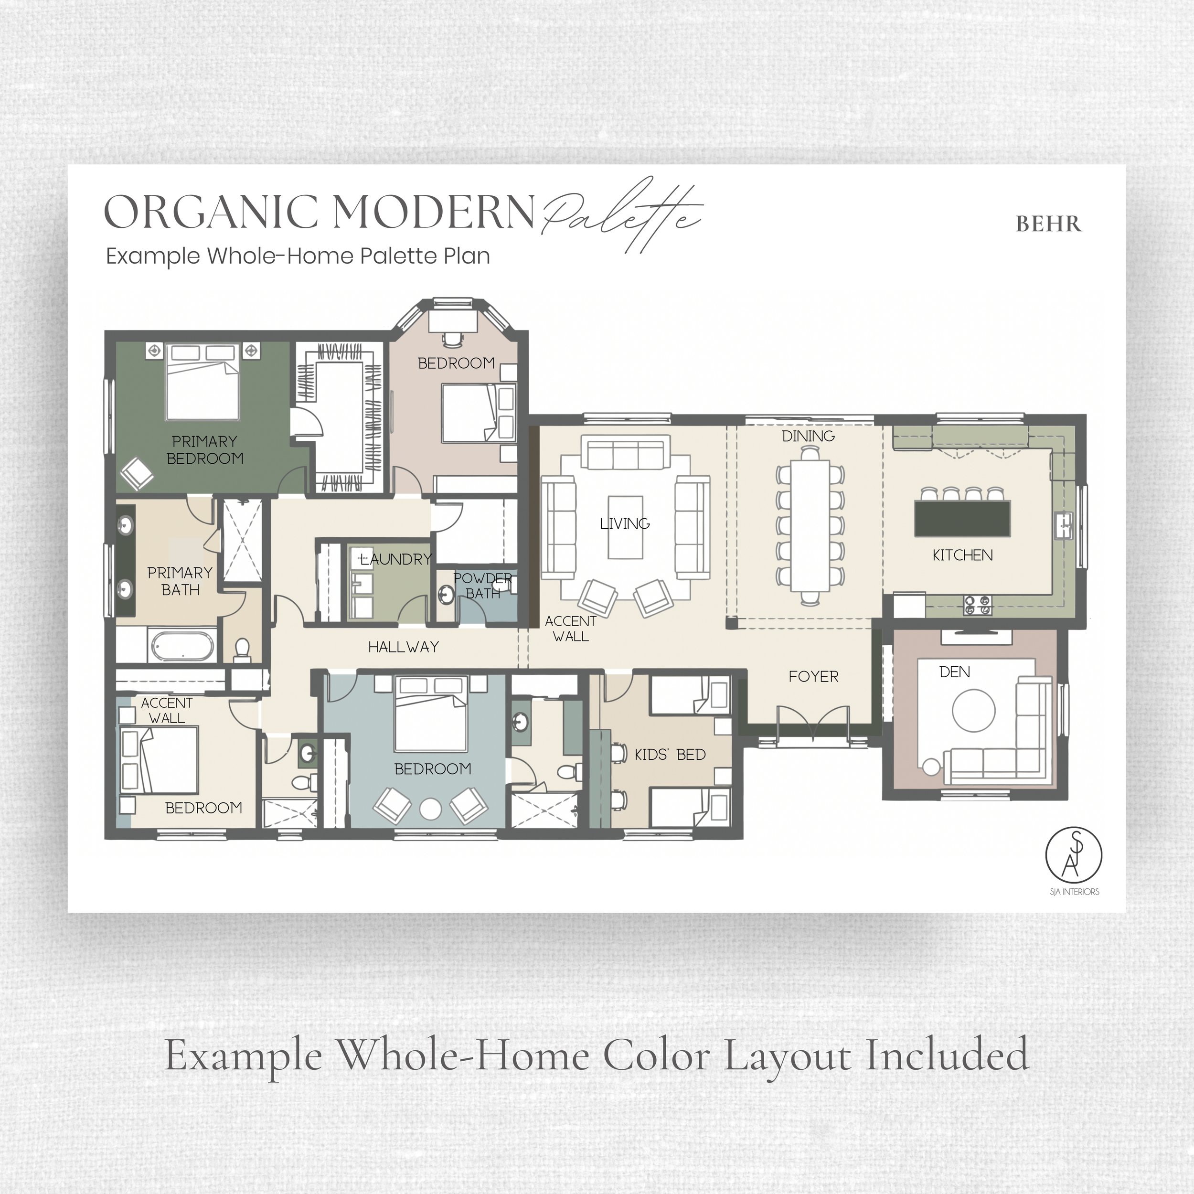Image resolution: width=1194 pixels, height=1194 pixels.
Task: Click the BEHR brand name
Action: click(x=1049, y=223)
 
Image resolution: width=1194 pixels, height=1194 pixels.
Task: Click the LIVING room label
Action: click(x=625, y=524)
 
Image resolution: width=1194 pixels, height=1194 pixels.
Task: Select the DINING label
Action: click(x=809, y=437)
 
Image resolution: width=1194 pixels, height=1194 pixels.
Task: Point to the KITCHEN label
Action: click(x=962, y=555)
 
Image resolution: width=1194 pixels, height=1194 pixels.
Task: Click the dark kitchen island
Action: click(x=962, y=519)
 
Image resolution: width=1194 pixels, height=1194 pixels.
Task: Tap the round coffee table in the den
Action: click(x=973, y=711)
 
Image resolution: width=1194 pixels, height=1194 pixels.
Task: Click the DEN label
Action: click(x=955, y=672)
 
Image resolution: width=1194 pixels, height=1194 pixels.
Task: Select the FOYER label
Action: click(x=813, y=677)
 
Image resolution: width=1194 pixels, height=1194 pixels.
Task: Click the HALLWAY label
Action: click(x=404, y=647)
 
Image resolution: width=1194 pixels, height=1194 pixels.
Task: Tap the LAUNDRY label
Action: click(x=395, y=559)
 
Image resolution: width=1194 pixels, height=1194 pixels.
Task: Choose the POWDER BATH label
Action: click(x=483, y=586)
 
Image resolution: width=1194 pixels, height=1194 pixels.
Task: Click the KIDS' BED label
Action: click(x=670, y=755)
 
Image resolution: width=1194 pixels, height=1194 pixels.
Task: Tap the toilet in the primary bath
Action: click(x=242, y=650)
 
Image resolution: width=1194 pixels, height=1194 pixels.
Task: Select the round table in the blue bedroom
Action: click(x=430, y=810)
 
